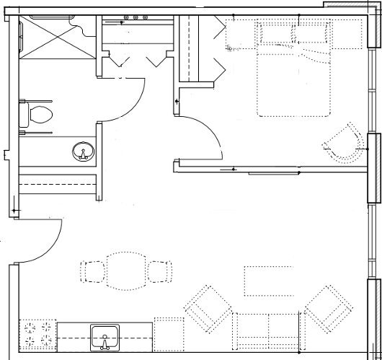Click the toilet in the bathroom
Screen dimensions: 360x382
click(38, 113)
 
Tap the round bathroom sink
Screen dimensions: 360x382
click(84, 152)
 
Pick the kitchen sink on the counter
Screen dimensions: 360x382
click(105, 335)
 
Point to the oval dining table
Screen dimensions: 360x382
click(127, 271)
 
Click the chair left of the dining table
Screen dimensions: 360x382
click(93, 271)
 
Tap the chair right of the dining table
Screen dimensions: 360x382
click(160, 271)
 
